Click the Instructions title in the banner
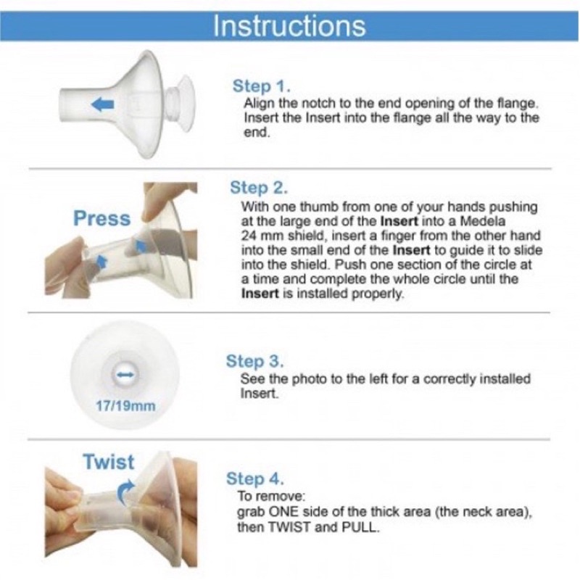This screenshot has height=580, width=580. coord(289,25)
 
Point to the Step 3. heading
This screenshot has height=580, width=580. coord(255,361)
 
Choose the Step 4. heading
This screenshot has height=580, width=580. coord(255,479)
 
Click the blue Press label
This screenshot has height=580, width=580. coord(102,218)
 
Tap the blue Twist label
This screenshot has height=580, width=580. coord(109,462)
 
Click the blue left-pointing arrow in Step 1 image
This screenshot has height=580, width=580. coord(101,106)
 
